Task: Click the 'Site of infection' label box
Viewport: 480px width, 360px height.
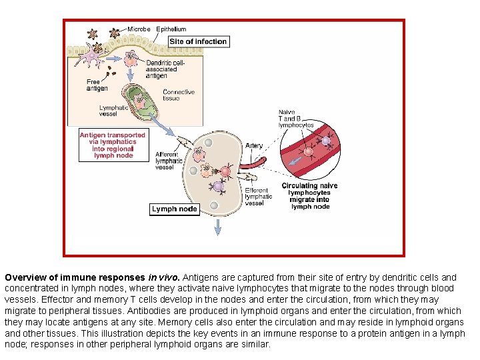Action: tap(198, 41)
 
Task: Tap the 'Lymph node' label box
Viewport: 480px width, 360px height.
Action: tap(174, 209)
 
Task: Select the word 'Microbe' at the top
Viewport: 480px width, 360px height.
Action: tap(139, 29)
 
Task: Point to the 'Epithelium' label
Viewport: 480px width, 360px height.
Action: tap(171, 29)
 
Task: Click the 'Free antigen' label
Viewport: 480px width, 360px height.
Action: tap(97, 85)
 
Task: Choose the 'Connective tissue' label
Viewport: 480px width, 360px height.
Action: tap(179, 95)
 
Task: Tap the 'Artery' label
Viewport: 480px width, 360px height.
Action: tap(254, 145)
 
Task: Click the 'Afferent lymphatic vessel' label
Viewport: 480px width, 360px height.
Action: tap(169, 160)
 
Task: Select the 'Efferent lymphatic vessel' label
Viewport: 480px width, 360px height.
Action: tap(259, 197)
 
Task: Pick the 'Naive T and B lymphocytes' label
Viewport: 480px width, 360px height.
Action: tap(295, 118)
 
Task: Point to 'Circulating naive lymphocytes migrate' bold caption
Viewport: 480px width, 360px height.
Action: tap(310, 196)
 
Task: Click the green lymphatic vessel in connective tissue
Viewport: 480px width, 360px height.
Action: tap(141, 101)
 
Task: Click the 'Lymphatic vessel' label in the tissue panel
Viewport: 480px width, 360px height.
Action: tap(113, 111)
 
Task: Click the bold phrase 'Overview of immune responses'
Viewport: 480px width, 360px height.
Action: tap(75, 277)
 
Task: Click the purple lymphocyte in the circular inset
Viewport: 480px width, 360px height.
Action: tap(326, 141)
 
